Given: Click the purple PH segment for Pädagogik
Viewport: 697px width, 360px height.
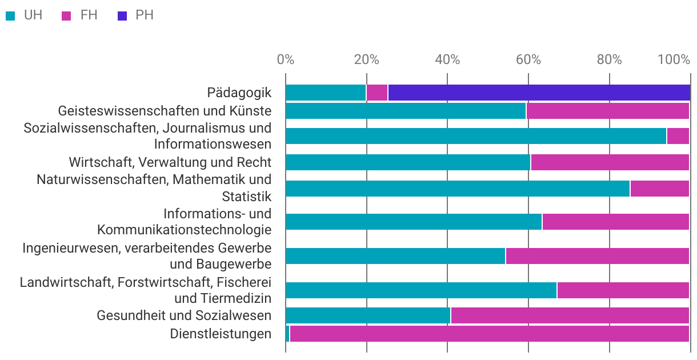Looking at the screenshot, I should pyautogui.click(x=539, y=93).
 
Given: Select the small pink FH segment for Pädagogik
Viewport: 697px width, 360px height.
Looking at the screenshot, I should pyautogui.click(x=377, y=93).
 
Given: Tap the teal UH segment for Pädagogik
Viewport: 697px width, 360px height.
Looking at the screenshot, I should pyautogui.click(x=326, y=93).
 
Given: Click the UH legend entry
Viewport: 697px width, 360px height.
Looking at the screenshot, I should pyautogui.click(x=26, y=15).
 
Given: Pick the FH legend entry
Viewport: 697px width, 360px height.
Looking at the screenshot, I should pyautogui.click(x=81, y=15).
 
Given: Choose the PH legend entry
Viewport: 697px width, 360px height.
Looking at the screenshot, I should pyautogui.click(x=137, y=15).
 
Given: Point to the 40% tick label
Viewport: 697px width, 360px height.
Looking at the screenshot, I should pyautogui.click(x=447, y=60).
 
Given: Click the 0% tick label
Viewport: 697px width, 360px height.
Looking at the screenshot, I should pyautogui.click(x=285, y=60).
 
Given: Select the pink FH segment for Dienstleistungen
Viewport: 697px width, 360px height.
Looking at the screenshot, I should pyautogui.click(x=490, y=334).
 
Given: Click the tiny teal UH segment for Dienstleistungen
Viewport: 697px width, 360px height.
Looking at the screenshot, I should pyautogui.click(x=288, y=334).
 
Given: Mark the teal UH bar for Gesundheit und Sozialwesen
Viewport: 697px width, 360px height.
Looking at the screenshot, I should pyautogui.click(x=368, y=315).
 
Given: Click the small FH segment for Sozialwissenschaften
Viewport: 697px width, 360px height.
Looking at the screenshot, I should pyautogui.click(x=678, y=136).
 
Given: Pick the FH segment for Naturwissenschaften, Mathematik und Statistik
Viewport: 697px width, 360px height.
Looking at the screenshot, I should pyautogui.click(x=659, y=189).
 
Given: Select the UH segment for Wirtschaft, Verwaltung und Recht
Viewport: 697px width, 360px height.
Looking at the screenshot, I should pyautogui.click(x=408, y=162).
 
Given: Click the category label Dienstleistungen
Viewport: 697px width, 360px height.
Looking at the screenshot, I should pyautogui.click(x=221, y=334).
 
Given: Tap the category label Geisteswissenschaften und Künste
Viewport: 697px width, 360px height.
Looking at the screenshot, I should pyautogui.click(x=165, y=110).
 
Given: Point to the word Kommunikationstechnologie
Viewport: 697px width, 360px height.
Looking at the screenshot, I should pyautogui.click(x=184, y=230).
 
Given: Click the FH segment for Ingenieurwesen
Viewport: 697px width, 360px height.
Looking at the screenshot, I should pyautogui.click(x=597, y=256).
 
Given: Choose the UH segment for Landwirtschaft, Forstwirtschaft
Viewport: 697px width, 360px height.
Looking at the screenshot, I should pyautogui.click(x=421, y=290).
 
